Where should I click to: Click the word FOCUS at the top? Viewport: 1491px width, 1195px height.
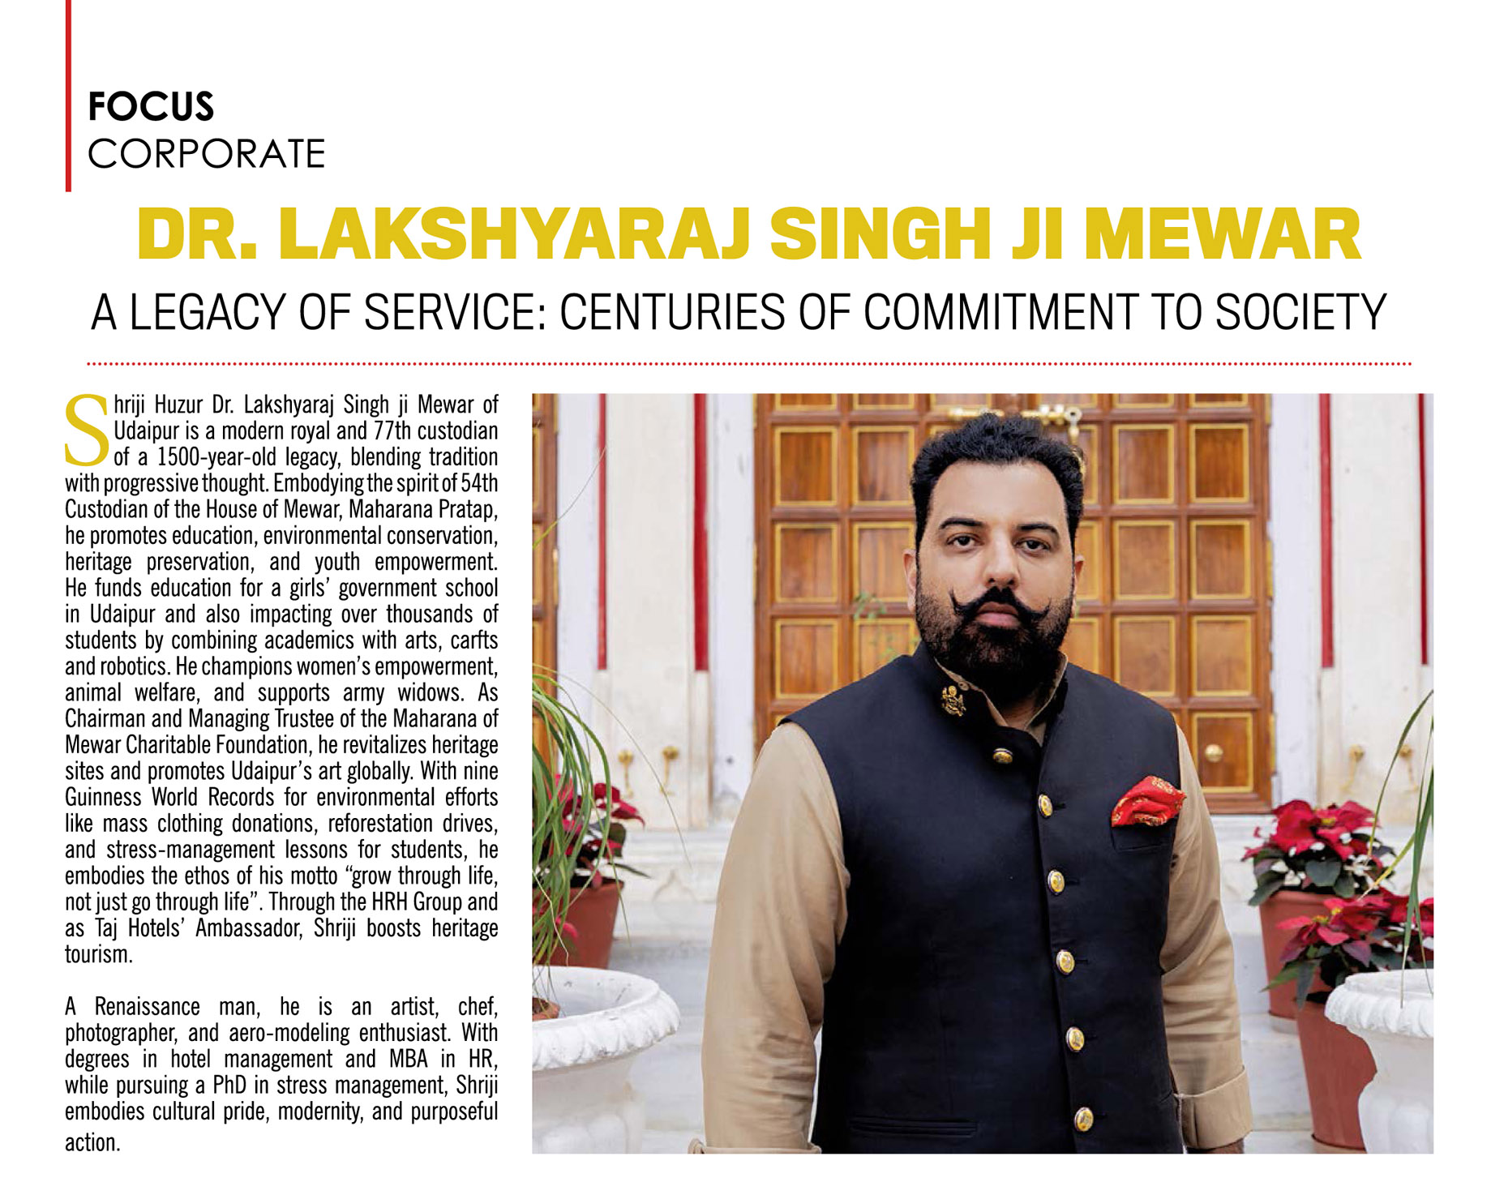[x=151, y=107]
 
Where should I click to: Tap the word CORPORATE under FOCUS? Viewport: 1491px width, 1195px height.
[x=207, y=154]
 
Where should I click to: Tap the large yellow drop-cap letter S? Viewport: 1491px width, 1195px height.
[x=86, y=430]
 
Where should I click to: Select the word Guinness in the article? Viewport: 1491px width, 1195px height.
[x=103, y=798]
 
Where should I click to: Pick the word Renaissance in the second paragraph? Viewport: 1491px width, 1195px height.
[x=147, y=1008]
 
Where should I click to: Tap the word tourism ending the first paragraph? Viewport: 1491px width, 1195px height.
[x=97, y=955]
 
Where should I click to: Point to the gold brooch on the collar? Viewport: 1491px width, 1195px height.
[x=953, y=699]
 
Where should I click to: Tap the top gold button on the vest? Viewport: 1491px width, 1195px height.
[x=1003, y=756]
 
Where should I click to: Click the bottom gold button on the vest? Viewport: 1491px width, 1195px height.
[x=1083, y=1119]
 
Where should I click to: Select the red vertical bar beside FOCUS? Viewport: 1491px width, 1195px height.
[x=68, y=96]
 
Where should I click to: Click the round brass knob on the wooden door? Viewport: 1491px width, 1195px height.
[x=1213, y=753]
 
